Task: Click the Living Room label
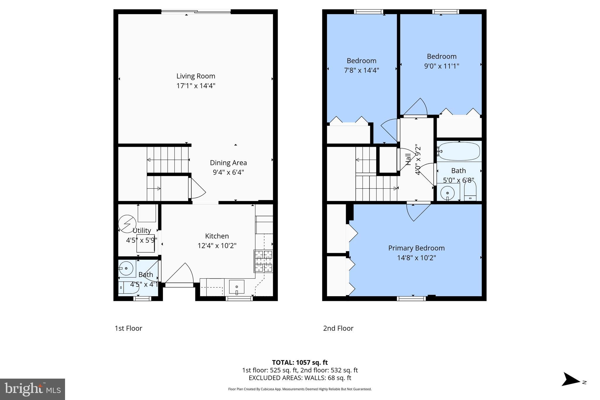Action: [x=196, y=76]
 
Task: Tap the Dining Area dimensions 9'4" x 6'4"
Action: [x=228, y=172]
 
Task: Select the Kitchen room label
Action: [x=217, y=236]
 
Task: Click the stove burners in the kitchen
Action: [x=263, y=261]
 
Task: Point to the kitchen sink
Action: [x=236, y=287]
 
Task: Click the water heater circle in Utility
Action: [x=127, y=224]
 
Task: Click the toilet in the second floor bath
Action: [x=470, y=190]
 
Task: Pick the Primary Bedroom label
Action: [x=416, y=248]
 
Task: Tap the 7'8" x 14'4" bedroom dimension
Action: [x=361, y=70]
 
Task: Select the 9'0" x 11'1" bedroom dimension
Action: [x=442, y=66]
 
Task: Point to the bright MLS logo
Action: [x=33, y=389]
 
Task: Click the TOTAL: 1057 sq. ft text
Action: [x=300, y=362]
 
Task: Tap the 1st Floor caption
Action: [x=128, y=328]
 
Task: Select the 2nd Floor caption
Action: [x=338, y=328]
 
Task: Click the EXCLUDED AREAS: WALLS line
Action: [x=300, y=378]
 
